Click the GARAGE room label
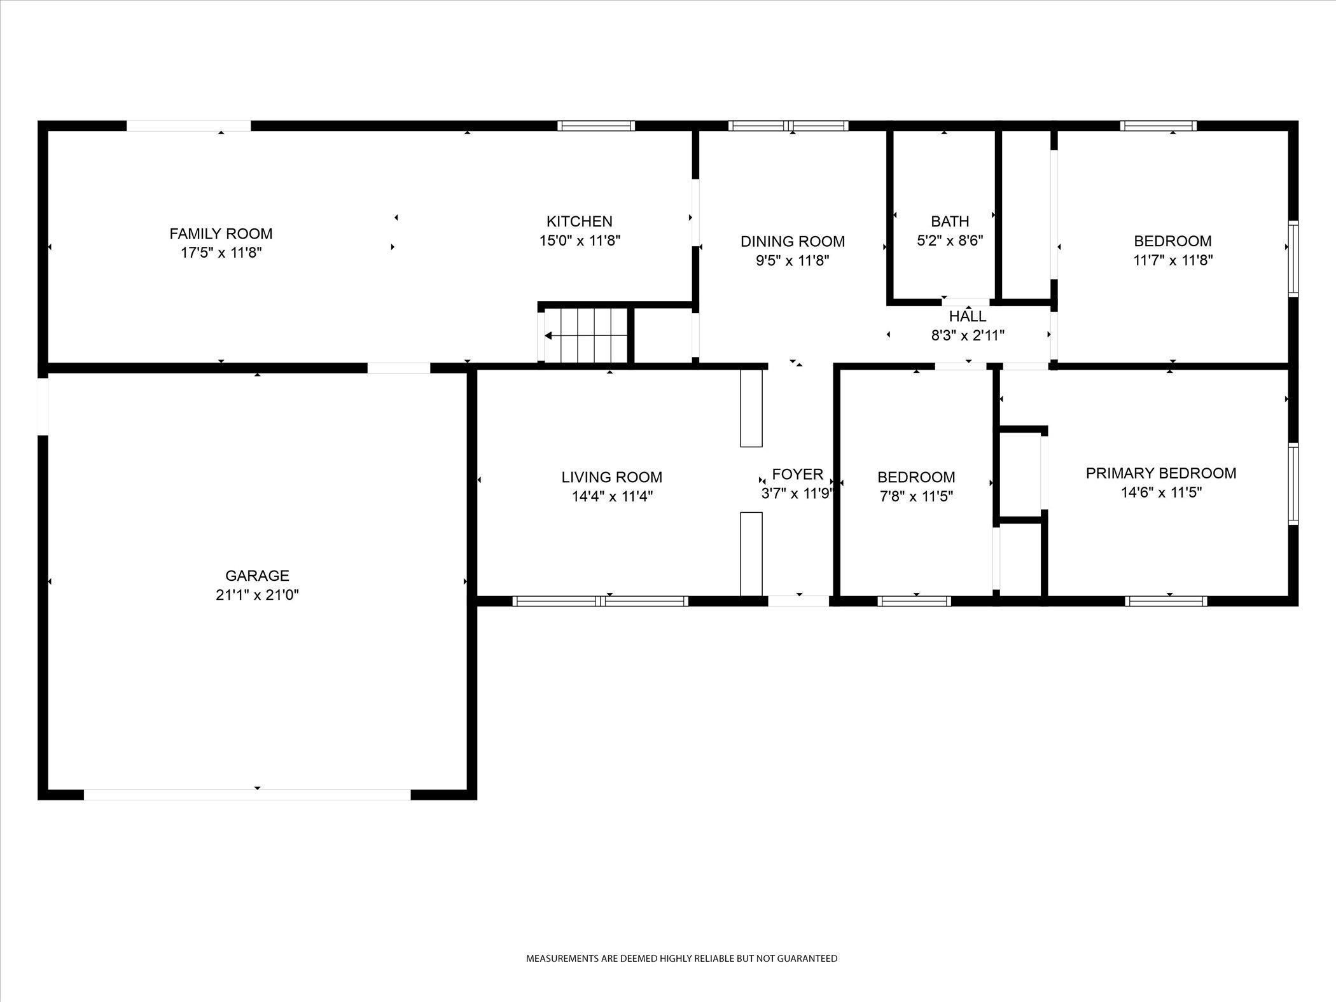[x=257, y=576]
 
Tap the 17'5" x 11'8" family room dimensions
[x=221, y=253]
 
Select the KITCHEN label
[x=579, y=221]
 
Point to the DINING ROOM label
[x=792, y=241]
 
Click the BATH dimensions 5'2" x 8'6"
[x=950, y=240]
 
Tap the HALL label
[x=968, y=316]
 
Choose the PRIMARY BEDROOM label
[x=1160, y=473]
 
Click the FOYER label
[x=797, y=474]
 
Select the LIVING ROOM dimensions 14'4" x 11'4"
[x=612, y=496]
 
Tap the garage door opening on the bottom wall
[x=247, y=795]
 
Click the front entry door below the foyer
[x=798, y=601]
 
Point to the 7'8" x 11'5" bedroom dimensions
[x=915, y=496]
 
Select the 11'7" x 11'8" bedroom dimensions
[x=1172, y=260]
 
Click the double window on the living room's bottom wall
[x=600, y=601]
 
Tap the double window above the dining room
[x=788, y=126]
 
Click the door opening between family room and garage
[x=399, y=368]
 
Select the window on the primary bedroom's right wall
[x=1293, y=484]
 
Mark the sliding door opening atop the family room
[x=188, y=126]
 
